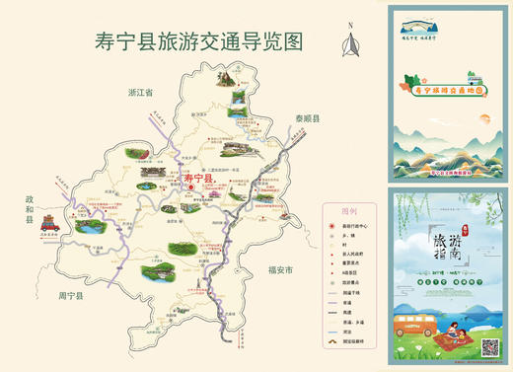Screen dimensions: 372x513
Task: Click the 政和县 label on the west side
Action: pos(30,210)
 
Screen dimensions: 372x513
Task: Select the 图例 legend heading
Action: pos(347,211)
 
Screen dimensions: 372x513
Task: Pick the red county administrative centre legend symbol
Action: pos(332,225)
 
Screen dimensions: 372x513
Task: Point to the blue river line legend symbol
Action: pos(332,334)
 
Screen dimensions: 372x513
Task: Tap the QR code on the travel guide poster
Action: pos(488,347)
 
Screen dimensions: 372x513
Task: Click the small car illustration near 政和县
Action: pos(51,226)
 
